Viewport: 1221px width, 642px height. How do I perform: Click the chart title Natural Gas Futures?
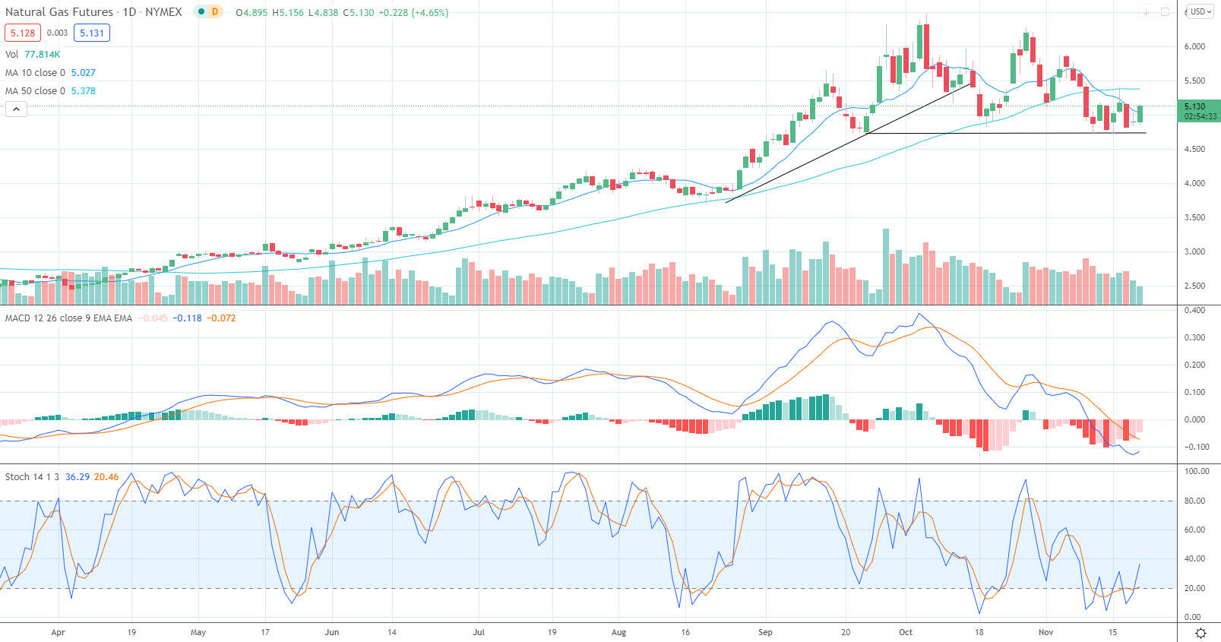click(59, 12)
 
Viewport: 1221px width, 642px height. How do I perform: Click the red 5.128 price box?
click(23, 33)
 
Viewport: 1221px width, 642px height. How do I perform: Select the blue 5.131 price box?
click(91, 33)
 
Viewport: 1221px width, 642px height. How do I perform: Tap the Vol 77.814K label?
click(33, 55)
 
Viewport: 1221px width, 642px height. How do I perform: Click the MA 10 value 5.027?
click(83, 73)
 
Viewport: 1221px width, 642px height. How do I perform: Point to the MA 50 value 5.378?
click(83, 91)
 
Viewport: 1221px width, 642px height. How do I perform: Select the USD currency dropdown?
click(1200, 11)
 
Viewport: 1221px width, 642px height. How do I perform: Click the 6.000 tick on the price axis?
click(1194, 46)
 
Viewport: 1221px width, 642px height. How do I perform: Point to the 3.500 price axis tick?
click(1194, 217)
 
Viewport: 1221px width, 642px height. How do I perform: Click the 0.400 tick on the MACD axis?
click(1194, 310)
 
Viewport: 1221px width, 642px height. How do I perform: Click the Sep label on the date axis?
click(764, 632)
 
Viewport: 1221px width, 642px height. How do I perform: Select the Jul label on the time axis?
click(479, 632)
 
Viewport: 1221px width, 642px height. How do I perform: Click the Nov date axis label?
click(1045, 632)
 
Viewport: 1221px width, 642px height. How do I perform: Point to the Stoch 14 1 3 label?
click(32, 477)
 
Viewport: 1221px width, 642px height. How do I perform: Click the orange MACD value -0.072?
click(222, 318)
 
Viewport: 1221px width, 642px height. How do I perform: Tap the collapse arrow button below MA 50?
click(16, 109)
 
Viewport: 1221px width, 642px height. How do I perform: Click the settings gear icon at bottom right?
click(1200, 633)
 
